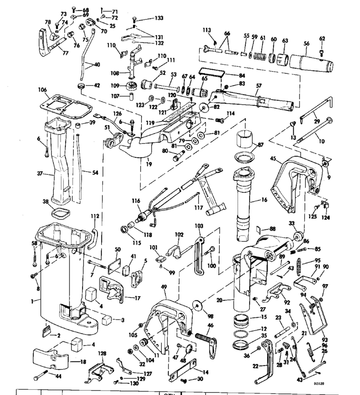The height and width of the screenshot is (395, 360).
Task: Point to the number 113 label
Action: [x=207, y=30]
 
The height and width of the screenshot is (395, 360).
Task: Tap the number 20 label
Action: [x=224, y=300]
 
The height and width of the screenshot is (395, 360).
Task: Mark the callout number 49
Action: [x=164, y=287]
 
